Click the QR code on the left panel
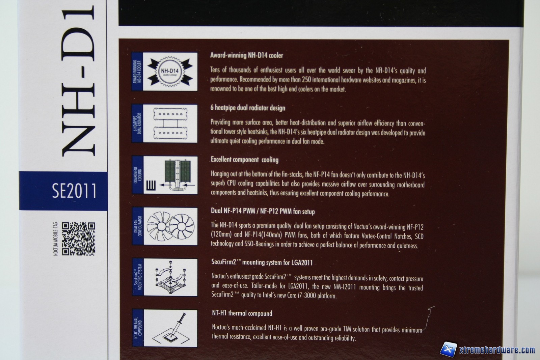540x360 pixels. pyautogui.click(x=78, y=239)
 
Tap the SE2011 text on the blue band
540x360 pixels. pyautogui.click(x=74, y=191)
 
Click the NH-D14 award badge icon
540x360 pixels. pyautogui.click(x=170, y=71)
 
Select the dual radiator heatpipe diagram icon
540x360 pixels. pyautogui.click(x=170, y=123)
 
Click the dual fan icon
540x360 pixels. pyautogui.click(x=170, y=226)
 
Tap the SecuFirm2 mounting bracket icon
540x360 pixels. pyautogui.click(x=170, y=277)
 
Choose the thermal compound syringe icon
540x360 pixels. pyautogui.click(x=170, y=328)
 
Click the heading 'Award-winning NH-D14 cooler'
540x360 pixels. pyautogui.click(x=246, y=55)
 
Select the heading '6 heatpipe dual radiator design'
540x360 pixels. pyautogui.click(x=248, y=108)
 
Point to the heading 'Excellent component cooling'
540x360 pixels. pyautogui.click(x=244, y=160)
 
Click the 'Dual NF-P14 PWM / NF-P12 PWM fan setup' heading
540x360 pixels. pyautogui.click(x=263, y=211)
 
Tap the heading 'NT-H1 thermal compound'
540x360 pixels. pyautogui.click(x=242, y=313)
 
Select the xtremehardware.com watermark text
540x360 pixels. pyautogui.click(x=497, y=350)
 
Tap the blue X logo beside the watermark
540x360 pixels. pyautogui.click(x=449, y=349)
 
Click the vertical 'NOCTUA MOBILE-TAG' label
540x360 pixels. pyautogui.click(x=56, y=239)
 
